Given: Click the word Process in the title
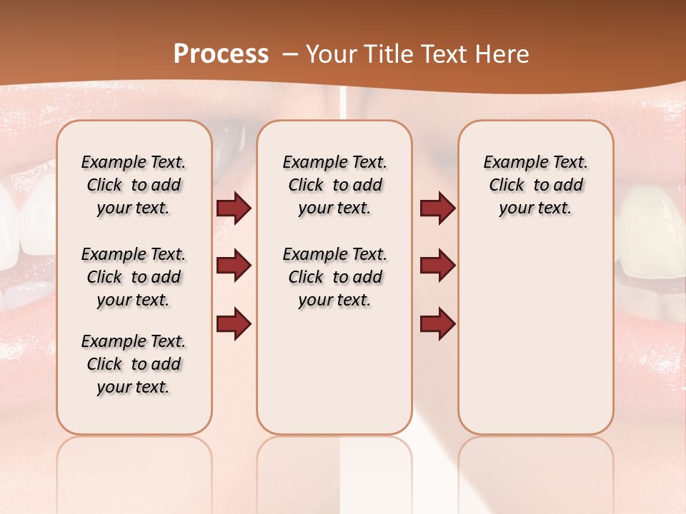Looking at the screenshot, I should [221, 54].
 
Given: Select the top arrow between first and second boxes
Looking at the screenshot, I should [234, 208].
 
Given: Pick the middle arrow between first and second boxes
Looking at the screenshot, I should [234, 266].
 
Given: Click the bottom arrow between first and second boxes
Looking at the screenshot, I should [234, 323].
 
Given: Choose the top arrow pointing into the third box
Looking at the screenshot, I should [437, 208].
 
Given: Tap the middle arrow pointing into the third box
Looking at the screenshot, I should [437, 266].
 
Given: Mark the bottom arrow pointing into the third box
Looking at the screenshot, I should [437, 323].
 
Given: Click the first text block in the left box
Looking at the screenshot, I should [134, 185].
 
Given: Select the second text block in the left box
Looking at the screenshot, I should [134, 277].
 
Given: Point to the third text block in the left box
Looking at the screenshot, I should [134, 364].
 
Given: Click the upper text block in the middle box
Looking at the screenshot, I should [334, 185].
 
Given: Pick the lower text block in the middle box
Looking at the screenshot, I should [334, 277].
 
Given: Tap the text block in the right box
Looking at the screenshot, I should [535, 185].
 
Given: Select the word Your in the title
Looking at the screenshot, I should [328, 54].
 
